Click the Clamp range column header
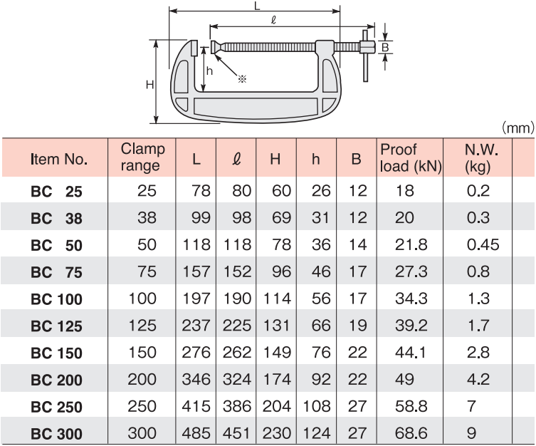point(142,157)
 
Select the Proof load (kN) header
point(411,157)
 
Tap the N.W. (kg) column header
point(481,158)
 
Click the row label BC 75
point(56,272)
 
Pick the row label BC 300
point(56,434)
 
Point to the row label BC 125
point(56,326)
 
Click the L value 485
point(196,433)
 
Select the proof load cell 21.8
point(411,245)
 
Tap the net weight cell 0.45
point(483,245)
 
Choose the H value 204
point(277,406)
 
